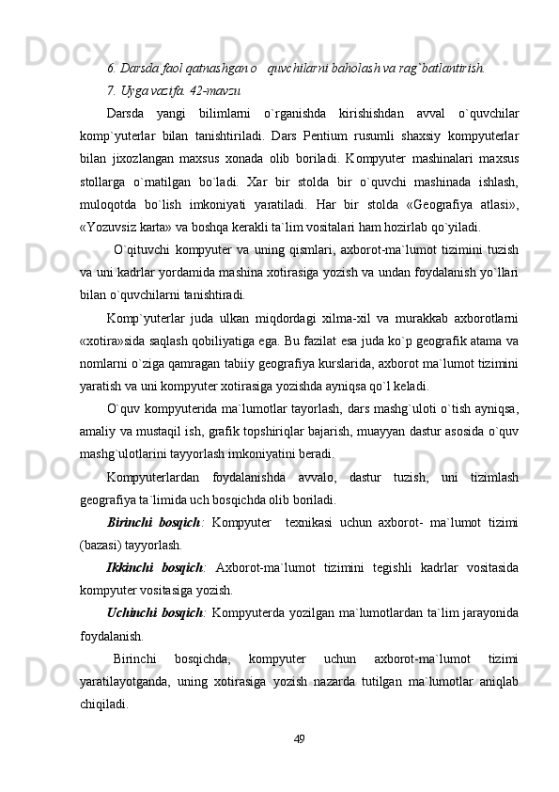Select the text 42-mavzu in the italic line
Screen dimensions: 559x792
217,90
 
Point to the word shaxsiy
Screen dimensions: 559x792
411,132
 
